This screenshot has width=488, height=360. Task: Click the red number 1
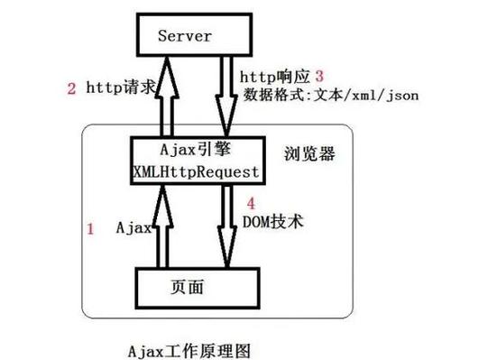pos(89,229)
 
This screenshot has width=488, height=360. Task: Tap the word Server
pos(184,36)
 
